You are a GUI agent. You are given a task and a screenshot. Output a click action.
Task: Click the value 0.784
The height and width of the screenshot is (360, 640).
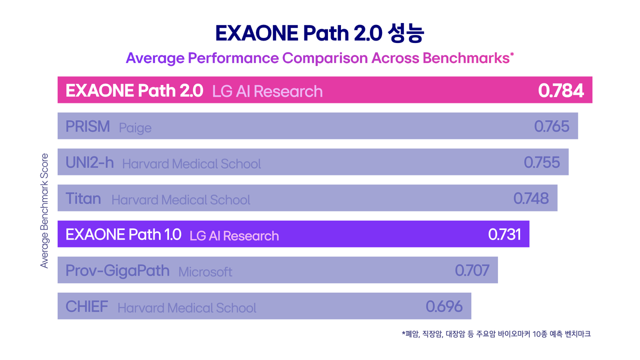(560, 90)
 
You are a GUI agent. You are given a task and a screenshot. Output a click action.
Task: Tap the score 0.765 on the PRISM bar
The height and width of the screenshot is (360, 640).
(551, 126)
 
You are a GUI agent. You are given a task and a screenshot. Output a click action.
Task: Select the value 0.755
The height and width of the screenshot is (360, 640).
(541, 162)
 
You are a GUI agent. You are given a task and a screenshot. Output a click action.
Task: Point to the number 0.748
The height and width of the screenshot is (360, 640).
(531, 198)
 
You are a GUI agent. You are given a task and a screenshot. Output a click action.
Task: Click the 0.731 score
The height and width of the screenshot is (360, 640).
(504, 234)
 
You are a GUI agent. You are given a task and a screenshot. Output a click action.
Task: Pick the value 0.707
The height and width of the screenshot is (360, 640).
(472, 270)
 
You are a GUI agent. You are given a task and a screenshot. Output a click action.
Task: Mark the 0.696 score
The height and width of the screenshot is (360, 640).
(444, 306)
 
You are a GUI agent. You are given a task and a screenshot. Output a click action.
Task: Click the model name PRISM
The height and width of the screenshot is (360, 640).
(87, 126)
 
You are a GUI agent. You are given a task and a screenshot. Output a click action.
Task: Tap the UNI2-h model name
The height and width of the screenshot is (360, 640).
(89, 162)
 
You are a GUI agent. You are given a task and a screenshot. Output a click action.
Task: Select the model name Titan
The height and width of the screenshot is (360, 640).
(83, 198)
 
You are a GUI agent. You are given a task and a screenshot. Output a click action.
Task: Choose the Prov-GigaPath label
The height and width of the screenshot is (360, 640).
(117, 271)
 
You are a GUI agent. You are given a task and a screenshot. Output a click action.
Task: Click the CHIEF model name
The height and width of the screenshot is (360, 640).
(87, 306)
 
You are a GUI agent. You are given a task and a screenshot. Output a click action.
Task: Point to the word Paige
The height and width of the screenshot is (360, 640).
(135, 128)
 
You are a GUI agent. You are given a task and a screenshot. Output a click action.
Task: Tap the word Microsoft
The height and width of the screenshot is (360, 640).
(205, 272)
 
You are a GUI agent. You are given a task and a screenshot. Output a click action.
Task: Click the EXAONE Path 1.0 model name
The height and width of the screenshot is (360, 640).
(123, 234)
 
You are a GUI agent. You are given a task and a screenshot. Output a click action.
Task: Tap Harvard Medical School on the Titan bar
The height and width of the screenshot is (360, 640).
(180, 200)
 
